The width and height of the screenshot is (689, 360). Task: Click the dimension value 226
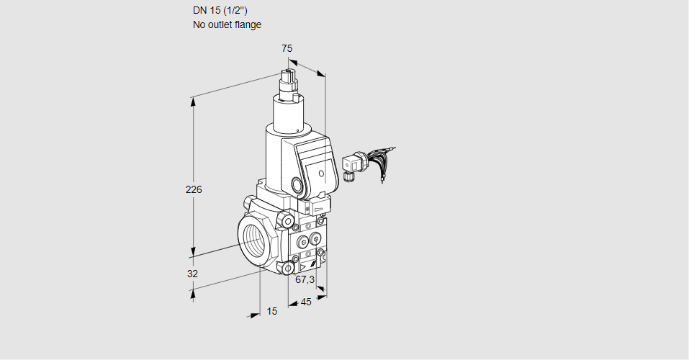coord(194,189)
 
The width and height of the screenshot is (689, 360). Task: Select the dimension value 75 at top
coord(287,48)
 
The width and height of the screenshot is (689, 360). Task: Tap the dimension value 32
coord(192,274)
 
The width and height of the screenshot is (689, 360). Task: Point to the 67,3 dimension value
coord(305,279)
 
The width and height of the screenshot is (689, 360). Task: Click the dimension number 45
coord(306,302)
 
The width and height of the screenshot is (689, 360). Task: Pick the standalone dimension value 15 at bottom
coord(272,311)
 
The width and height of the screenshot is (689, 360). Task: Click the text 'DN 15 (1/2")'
coord(220,11)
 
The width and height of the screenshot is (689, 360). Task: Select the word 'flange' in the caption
coord(248,25)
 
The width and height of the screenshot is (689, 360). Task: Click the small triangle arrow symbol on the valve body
coord(303,266)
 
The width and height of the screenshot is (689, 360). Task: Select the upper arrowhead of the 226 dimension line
coord(192,102)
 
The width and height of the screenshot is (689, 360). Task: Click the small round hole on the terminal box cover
coord(322,174)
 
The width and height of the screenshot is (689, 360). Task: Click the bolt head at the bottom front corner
coord(288,267)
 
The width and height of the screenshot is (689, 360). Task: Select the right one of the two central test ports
coord(315,239)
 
